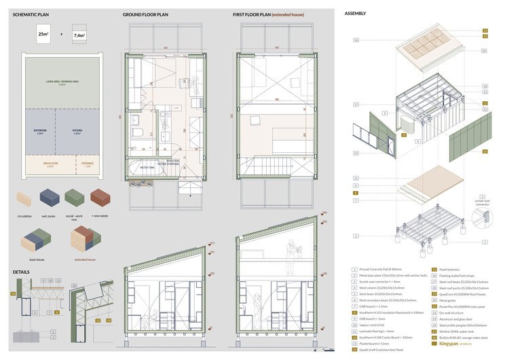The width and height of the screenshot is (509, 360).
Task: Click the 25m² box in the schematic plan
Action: [43, 34]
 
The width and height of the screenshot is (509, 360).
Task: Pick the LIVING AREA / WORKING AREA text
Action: [62, 82]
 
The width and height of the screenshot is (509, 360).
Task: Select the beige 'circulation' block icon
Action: [24, 198]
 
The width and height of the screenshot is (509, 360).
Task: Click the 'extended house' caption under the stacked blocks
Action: [86, 259]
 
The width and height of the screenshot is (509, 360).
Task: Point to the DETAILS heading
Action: [21, 271]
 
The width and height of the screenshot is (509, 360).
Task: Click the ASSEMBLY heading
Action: [355, 14]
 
